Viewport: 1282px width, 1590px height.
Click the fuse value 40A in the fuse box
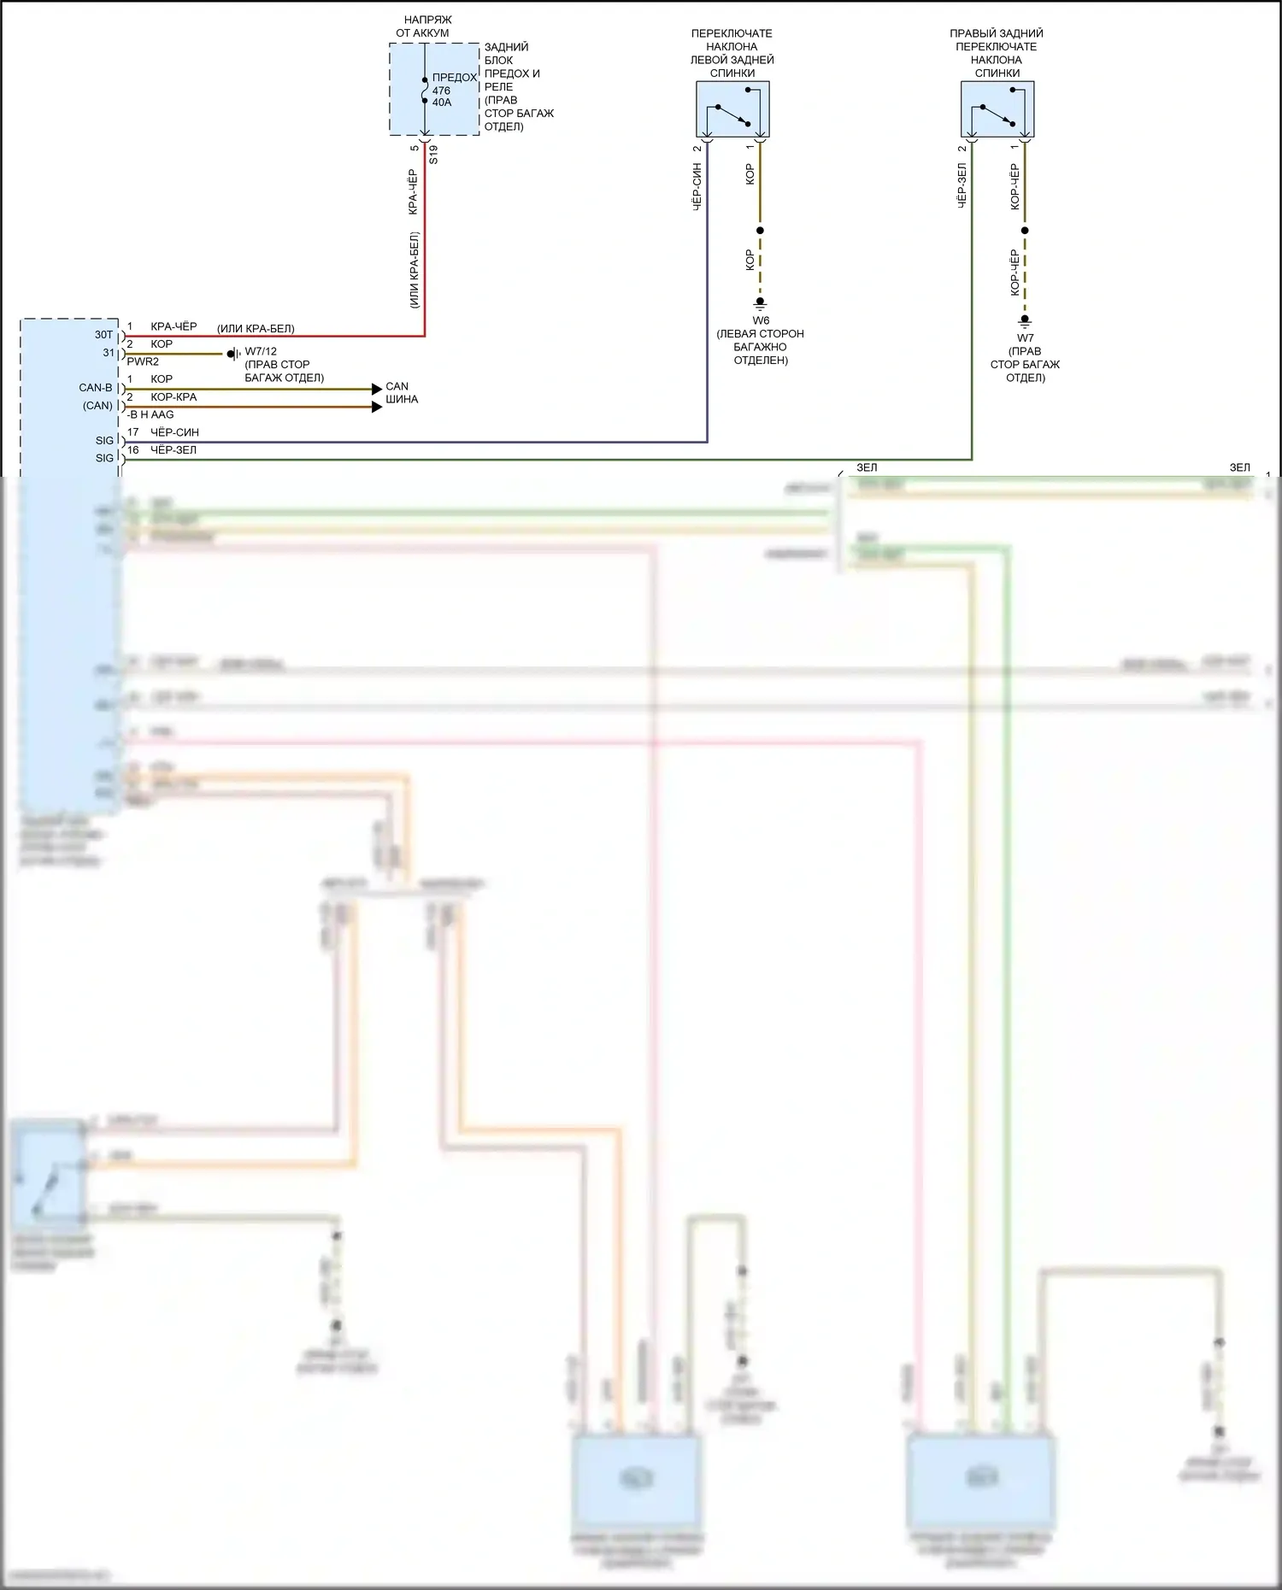442,103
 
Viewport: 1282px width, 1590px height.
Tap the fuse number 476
441,91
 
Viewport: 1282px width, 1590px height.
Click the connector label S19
433,155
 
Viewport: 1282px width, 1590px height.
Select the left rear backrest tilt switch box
732,109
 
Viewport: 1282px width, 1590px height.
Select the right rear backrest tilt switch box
997,109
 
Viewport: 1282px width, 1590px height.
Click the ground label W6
761,320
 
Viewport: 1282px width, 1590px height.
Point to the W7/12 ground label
261,351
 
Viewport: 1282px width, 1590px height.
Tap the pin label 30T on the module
103,335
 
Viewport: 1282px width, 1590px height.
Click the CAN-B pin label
96,388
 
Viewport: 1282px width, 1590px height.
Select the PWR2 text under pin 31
143,361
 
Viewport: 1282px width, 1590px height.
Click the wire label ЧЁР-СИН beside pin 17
174,432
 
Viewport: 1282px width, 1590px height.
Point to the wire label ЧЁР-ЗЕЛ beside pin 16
173,449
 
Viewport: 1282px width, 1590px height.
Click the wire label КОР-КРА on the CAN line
173,397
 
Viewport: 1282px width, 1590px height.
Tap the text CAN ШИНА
401,393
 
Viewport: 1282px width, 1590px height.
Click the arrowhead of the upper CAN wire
377,389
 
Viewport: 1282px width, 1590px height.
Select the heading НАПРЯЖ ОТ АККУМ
423,26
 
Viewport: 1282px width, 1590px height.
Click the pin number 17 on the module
133,432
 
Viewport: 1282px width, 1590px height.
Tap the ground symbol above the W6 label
760,303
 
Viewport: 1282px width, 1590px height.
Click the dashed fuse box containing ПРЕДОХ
434,90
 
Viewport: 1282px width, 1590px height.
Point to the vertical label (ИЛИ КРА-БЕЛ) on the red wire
414,270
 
